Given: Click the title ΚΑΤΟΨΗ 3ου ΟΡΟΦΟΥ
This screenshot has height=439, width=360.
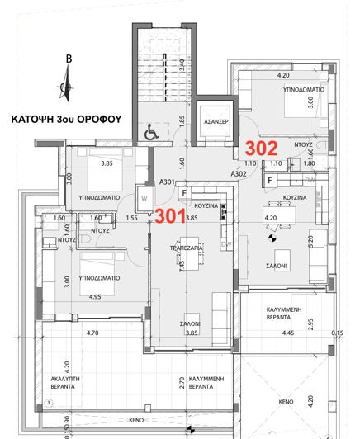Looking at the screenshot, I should [66, 119].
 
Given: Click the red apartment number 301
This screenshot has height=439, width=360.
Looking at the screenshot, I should [171, 216].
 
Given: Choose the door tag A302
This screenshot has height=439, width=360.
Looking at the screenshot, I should [239, 174].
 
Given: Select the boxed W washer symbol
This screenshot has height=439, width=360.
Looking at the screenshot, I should [144, 197].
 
